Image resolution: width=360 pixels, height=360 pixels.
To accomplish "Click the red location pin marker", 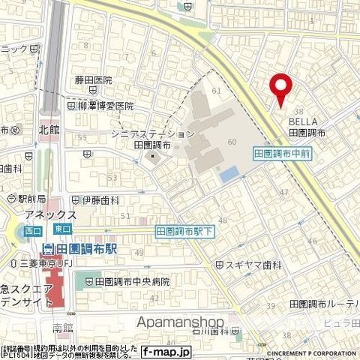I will point(281,89).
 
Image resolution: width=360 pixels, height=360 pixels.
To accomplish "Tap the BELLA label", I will point(304,121).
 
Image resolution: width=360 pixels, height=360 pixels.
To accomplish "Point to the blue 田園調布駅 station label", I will point(82,248).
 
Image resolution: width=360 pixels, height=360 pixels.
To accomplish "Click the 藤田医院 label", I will point(94,80).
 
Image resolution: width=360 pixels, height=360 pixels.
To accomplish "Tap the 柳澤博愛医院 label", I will point(103,106).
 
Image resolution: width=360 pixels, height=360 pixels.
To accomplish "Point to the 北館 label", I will point(49,129).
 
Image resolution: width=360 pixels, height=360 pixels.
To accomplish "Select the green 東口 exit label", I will point(63,228).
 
